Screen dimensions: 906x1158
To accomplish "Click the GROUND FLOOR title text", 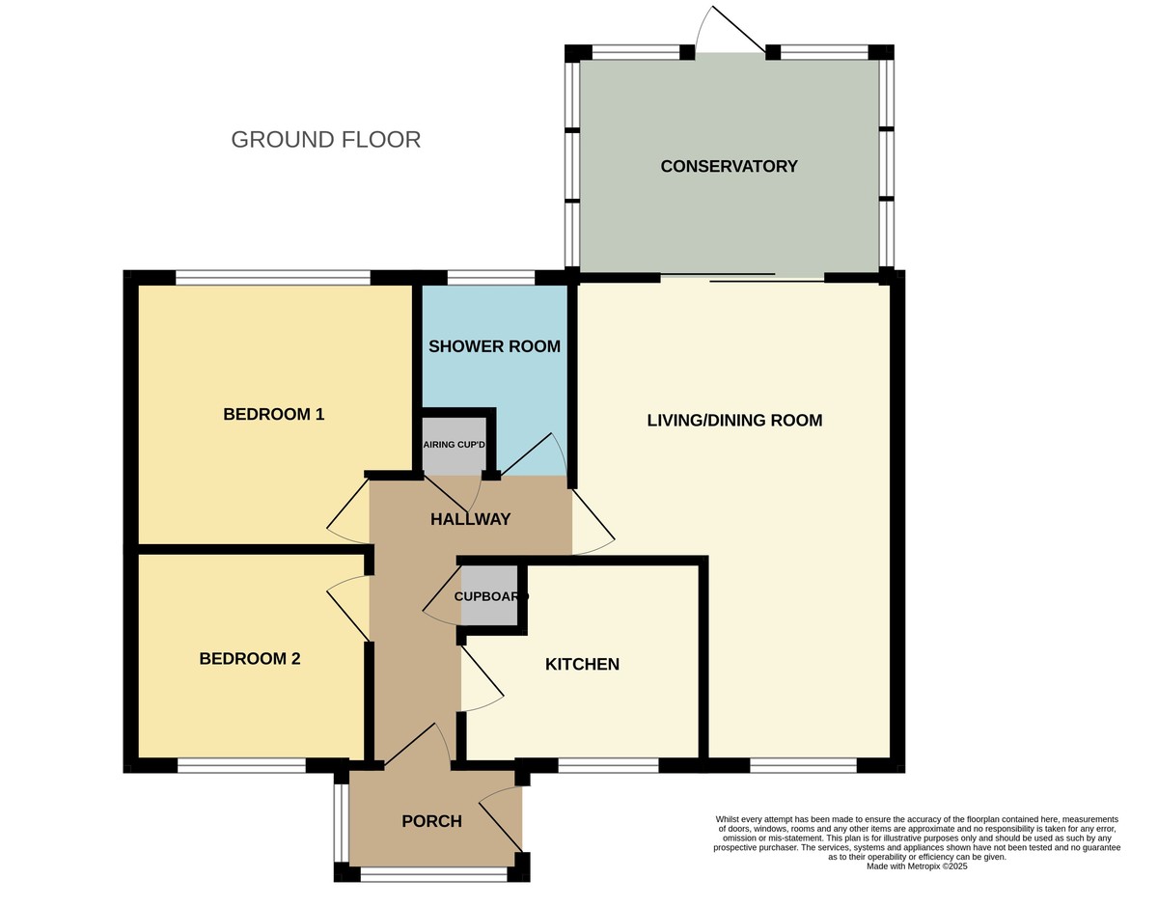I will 325,140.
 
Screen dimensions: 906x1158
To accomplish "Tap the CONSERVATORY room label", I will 729,166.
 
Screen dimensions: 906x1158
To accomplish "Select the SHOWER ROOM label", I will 494,346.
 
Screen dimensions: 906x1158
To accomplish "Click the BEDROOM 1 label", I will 273,415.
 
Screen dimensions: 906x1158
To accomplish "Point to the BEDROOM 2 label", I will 250,659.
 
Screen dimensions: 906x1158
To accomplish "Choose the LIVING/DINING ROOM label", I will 734,421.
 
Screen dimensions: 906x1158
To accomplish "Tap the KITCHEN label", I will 582,665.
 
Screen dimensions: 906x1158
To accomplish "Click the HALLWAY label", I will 470,519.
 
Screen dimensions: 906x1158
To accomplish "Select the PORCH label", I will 431,822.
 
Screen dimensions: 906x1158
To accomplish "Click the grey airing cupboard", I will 454,445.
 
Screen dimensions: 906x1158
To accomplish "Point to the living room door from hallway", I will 593,522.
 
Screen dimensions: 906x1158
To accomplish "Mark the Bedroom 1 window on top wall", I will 273,278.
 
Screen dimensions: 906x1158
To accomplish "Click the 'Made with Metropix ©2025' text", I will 916,866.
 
